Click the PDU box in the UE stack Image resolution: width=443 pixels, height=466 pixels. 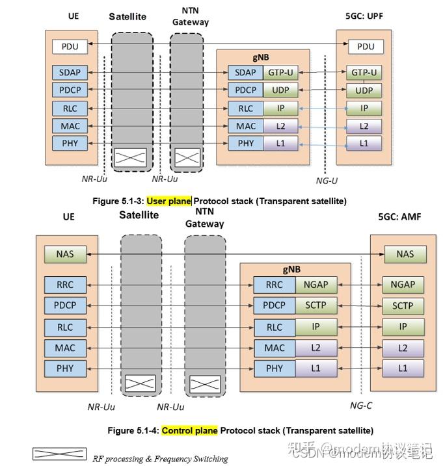pyautogui.click(x=70, y=46)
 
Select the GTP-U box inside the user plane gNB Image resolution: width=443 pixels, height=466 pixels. pyautogui.click(x=281, y=72)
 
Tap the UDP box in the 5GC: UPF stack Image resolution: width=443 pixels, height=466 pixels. pyautogui.click(x=364, y=90)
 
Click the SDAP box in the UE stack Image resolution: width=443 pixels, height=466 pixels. pyautogui.click(x=70, y=72)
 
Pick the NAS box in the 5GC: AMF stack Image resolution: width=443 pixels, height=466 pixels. pyautogui.click(x=405, y=254)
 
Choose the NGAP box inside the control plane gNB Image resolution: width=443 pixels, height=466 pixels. pyautogui.click(x=315, y=284)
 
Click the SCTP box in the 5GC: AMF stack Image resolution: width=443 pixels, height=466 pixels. pyautogui.click(x=402, y=305)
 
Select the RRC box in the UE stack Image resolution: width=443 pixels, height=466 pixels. pyautogui.click(x=65, y=284)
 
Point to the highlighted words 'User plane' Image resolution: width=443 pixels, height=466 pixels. pyautogui.click(x=168, y=201)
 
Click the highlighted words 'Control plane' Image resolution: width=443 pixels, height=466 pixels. pyautogui.click(x=189, y=430)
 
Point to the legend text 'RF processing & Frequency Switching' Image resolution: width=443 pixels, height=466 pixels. pyautogui.click(x=160, y=459)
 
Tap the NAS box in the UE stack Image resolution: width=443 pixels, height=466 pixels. pyautogui.click(x=65, y=254)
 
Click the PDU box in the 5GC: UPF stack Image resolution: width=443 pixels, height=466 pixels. pyautogui.click(x=366, y=46)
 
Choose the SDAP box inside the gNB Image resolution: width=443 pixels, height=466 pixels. pyautogui.click(x=245, y=72)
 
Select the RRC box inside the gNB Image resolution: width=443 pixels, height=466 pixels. pyautogui.click(x=274, y=284)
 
